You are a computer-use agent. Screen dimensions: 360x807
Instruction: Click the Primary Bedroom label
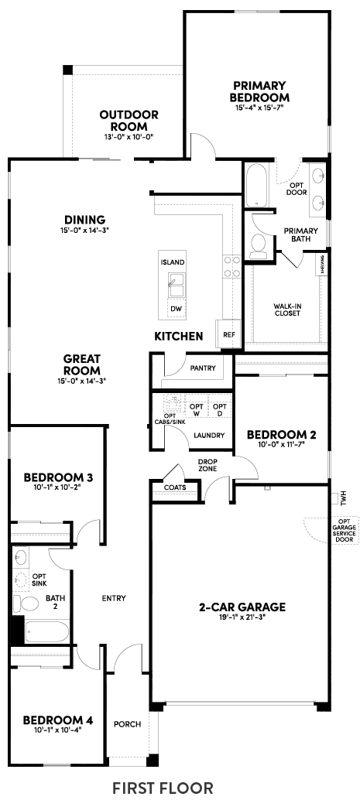pyautogui.click(x=259, y=91)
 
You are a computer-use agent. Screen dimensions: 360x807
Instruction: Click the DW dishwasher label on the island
pyautogui.click(x=177, y=309)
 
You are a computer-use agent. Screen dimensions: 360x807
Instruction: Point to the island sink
pyautogui.click(x=177, y=286)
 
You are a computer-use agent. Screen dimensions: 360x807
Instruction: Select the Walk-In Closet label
pyautogui.click(x=287, y=309)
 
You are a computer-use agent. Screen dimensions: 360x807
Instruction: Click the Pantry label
pyautogui.click(x=203, y=368)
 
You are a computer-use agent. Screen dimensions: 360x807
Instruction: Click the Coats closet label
pyautogui.click(x=175, y=487)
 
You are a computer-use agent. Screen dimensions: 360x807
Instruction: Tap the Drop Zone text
pyautogui.click(x=207, y=465)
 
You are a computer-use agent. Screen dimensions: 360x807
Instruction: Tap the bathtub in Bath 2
pyautogui.click(x=46, y=631)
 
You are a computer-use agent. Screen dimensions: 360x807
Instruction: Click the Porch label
pyautogui.click(x=127, y=724)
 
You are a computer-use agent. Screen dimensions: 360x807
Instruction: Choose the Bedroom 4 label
pyautogui.click(x=58, y=720)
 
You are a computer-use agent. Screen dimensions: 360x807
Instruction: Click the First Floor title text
pyautogui.click(x=163, y=788)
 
